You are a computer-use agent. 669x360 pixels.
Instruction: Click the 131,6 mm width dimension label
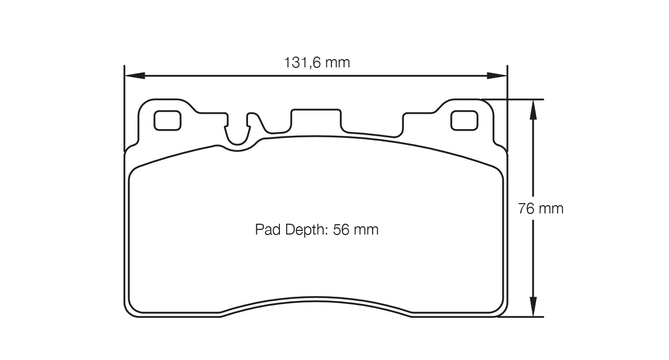(316, 63)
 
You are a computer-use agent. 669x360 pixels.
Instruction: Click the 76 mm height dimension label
(540, 209)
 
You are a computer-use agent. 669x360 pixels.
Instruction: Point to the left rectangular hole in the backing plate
(168, 121)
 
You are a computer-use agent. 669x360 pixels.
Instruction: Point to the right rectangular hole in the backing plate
(464, 121)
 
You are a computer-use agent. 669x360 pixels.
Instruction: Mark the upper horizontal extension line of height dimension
(515, 99)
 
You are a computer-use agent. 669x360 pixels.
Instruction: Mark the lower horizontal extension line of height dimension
(520, 317)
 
